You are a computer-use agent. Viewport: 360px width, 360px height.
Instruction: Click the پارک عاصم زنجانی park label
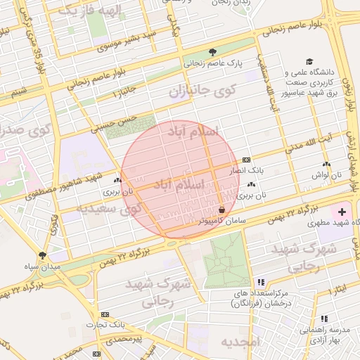pyautogui.click(x=212, y=63)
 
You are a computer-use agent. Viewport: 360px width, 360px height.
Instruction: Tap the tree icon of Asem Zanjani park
pyautogui.click(x=213, y=51)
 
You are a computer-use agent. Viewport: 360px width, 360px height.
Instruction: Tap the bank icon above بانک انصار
pyautogui.click(x=246, y=160)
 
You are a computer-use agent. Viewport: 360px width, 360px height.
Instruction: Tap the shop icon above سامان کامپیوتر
pyautogui.click(x=221, y=210)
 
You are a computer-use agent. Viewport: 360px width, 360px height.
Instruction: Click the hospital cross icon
pyautogui.click(x=342, y=212)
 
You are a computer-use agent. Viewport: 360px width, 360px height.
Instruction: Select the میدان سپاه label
pyautogui.click(x=41, y=266)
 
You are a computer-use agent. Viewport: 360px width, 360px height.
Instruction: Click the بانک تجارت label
pyautogui.click(x=105, y=324)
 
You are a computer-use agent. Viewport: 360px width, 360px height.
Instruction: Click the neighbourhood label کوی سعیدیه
pyautogui.click(x=108, y=209)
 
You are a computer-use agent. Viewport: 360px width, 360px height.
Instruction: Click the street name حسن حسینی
pyautogui.click(x=116, y=124)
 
